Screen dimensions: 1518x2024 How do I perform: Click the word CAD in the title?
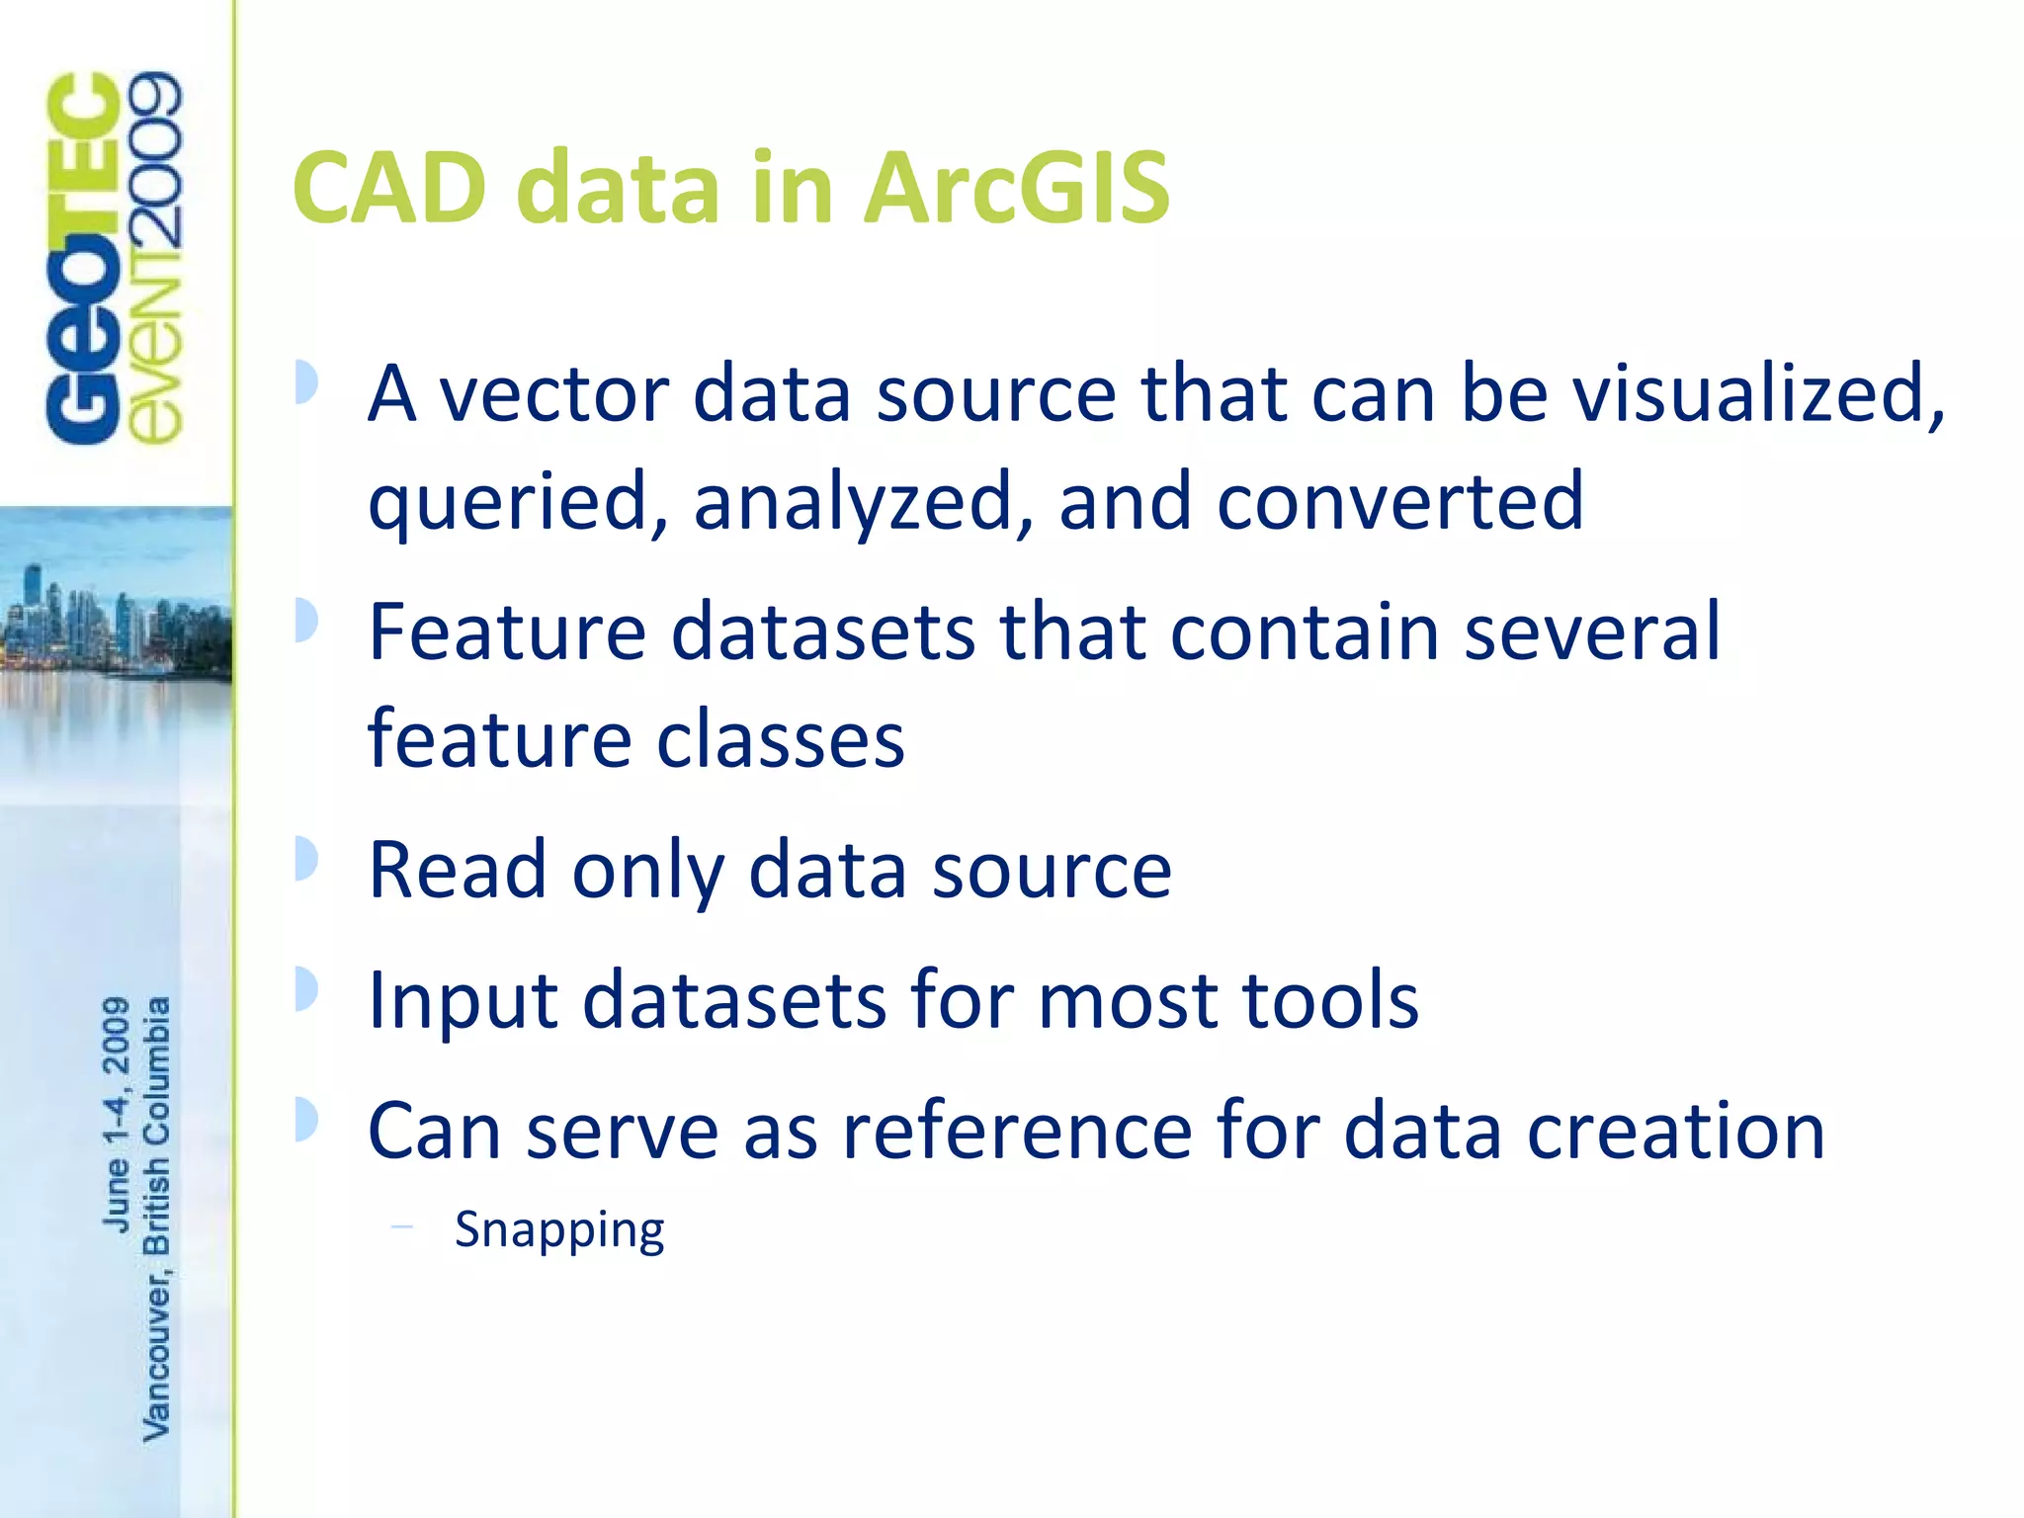pyautogui.click(x=389, y=188)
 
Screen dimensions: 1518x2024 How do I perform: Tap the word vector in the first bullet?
pyautogui.click(x=553, y=394)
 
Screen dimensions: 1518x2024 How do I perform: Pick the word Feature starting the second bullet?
pyautogui.click(x=507, y=632)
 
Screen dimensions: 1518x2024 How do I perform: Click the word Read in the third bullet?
pyautogui.click(x=458, y=869)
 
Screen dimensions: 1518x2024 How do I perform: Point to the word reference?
pyautogui.click(x=1016, y=1131)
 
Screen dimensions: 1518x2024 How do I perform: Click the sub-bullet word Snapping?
pyautogui.click(x=559, y=1231)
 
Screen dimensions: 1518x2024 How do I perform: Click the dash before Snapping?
pyautogui.click(x=401, y=1227)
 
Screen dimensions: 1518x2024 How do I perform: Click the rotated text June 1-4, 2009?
pyautogui.click(x=116, y=1114)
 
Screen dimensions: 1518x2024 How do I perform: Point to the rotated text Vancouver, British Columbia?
pyautogui.click(x=156, y=1218)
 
